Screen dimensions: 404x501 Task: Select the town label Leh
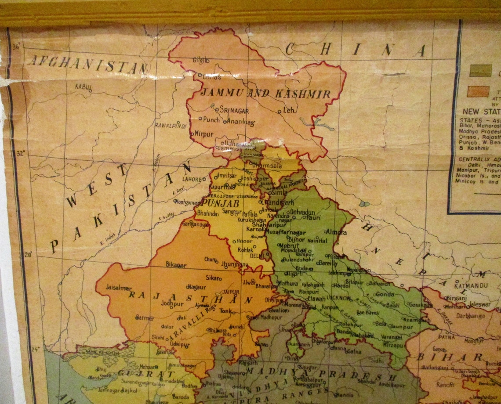pos(288,110)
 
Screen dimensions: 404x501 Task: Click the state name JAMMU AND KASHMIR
pos(265,94)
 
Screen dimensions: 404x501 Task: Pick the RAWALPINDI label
pos(171,126)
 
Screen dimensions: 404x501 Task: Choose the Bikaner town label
pos(176,265)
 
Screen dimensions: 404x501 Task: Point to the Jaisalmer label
pos(119,288)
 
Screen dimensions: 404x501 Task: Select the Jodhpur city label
pos(172,303)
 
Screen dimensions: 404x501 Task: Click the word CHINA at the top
pos(356,50)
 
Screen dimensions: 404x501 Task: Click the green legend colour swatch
pos(480,70)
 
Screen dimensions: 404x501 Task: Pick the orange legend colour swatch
pos(478,91)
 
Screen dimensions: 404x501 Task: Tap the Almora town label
pos(337,232)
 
